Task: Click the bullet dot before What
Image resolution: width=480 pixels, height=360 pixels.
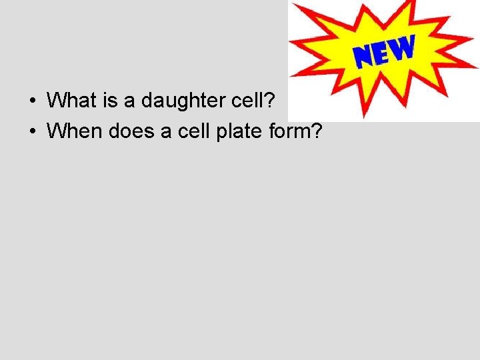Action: click(x=31, y=101)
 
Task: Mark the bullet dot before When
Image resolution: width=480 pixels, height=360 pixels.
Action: click(x=31, y=132)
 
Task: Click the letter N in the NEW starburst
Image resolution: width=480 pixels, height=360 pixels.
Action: click(x=365, y=57)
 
